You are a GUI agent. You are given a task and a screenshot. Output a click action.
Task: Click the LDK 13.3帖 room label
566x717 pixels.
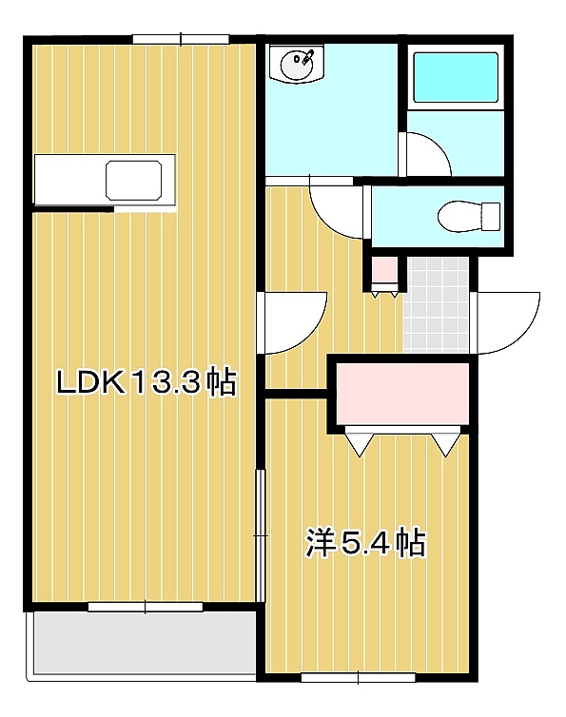[146, 382]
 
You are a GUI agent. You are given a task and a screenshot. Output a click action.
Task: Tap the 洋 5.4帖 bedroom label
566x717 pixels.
[365, 543]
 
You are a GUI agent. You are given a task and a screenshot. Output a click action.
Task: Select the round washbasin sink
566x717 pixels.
[298, 65]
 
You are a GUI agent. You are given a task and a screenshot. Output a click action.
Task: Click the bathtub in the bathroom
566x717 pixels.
[456, 77]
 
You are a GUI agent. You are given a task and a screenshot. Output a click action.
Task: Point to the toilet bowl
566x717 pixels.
[468, 215]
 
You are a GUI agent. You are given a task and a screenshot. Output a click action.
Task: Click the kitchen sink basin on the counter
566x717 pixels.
[134, 180]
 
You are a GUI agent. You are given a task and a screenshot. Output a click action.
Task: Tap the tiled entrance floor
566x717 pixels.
[436, 304]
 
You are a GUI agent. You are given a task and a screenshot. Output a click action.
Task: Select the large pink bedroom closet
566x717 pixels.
[402, 394]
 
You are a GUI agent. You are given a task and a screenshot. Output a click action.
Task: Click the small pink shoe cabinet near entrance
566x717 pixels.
[384, 271]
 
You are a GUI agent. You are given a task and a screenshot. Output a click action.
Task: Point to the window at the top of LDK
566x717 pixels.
[181, 39]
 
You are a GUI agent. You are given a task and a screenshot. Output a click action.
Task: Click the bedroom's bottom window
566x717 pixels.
[359, 677]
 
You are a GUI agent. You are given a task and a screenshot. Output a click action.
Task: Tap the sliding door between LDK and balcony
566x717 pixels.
[145, 607]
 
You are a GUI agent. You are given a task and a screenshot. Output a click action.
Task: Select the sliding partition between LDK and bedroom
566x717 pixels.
[260, 535]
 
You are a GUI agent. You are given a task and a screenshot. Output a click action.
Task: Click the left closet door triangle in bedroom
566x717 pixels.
[361, 444]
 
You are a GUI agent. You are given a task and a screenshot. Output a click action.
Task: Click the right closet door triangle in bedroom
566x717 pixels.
[445, 444]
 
